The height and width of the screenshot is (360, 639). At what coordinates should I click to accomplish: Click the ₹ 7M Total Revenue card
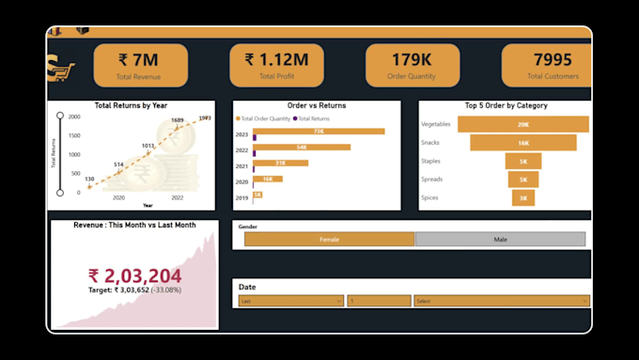coord(141,65)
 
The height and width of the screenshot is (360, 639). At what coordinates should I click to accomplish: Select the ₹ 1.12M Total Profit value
coord(283,60)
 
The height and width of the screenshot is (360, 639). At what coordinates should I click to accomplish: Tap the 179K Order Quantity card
coord(413,60)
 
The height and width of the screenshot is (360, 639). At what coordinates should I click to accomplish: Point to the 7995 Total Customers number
coord(553,60)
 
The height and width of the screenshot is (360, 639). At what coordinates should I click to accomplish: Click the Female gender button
coord(329,240)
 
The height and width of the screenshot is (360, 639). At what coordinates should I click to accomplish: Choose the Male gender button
coord(501,240)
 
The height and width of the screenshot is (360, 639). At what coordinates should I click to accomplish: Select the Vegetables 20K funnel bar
coord(523,124)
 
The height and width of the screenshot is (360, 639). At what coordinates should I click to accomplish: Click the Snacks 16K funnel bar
coord(523,143)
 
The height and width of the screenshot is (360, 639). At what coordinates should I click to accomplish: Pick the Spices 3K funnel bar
coord(523,197)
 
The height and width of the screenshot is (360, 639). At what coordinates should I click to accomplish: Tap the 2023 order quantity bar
coord(319,132)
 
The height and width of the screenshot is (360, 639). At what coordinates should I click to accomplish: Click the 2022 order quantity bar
coord(302,148)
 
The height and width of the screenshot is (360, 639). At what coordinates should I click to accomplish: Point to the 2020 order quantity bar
coord(267,179)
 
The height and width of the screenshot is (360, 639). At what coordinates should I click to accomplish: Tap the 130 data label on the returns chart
coord(89,179)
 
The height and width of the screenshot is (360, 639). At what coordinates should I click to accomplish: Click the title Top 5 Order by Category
coord(506,106)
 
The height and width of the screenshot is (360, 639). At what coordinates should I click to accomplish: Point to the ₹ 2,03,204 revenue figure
coord(135,275)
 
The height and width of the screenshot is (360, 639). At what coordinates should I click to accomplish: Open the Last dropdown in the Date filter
coord(290,301)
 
